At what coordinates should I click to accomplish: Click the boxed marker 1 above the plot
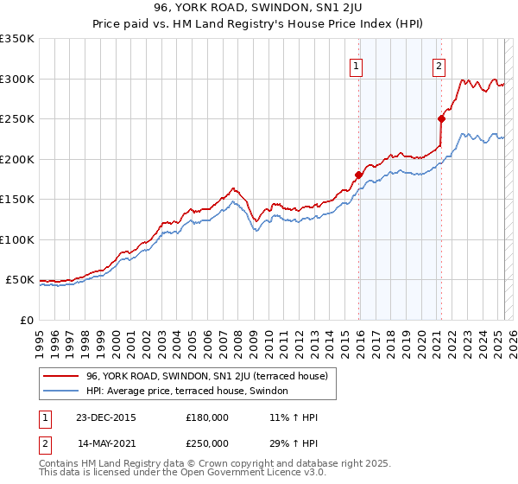[356, 65]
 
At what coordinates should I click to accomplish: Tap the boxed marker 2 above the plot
[439, 65]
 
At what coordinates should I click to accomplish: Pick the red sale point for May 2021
[441, 118]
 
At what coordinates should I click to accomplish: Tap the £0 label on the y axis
[26, 320]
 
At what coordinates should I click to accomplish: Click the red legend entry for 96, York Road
[206, 376]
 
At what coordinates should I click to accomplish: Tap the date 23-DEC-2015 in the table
[106, 417]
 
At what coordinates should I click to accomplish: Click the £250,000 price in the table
[207, 443]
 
